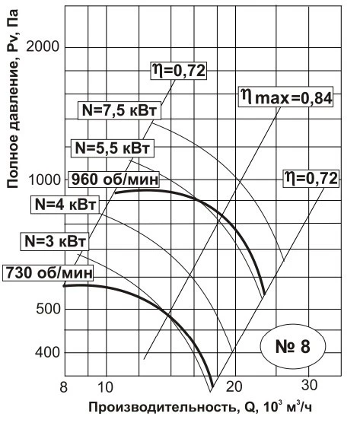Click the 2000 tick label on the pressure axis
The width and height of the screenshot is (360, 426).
click(43, 46)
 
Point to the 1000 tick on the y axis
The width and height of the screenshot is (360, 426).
click(44, 180)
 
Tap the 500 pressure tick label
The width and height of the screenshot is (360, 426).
click(48, 309)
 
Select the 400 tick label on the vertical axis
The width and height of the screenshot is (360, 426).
click(47, 352)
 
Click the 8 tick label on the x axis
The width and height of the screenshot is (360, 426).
click(63, 386)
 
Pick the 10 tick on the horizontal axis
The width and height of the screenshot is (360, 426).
click(105, 386)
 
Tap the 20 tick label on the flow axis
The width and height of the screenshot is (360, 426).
click(234, 386)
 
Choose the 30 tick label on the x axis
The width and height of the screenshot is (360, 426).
click(309, 385)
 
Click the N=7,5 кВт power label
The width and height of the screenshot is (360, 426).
click(119, 110)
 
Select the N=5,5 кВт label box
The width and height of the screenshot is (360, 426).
click(113, 148)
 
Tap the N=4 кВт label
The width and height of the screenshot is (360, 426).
click(65, 205)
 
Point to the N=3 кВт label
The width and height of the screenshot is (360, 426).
click(55, 241)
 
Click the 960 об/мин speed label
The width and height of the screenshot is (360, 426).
click(114, 180)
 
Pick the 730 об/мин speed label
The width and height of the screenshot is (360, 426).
click(49, 272)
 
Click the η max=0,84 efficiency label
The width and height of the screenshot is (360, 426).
click(286, 97)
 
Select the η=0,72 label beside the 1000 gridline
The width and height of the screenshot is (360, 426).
click(311, 179)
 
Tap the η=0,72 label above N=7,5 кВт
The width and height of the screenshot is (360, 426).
click(179, 71)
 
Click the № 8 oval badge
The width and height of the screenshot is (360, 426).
click(293, 346)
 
